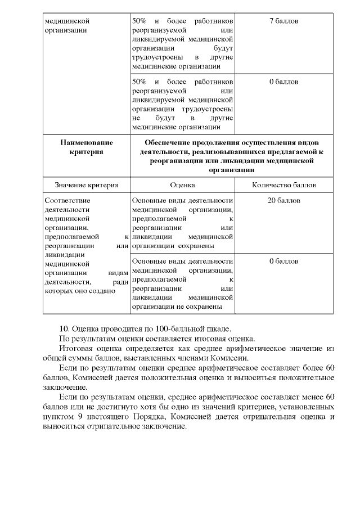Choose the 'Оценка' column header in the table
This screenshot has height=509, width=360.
pyautogui.click(x=182, y=184)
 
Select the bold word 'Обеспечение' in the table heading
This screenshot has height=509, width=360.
pyautogui.click(x=168, y=143)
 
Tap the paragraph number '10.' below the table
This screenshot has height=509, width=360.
pyautogui.click(x=65, y=328)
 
